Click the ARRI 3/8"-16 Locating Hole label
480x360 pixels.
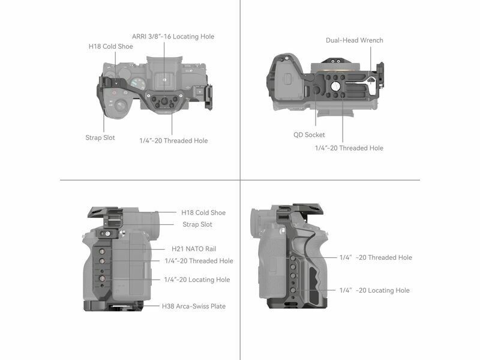173,37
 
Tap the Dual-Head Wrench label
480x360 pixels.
354,40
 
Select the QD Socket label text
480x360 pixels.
309,134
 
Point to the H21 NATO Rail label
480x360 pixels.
194,249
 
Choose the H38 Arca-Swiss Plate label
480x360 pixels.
194,306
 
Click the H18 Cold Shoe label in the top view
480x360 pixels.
110,47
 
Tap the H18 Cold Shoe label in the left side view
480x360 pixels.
203,213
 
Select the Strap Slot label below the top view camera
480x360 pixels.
100,138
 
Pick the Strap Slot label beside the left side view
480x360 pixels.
197,224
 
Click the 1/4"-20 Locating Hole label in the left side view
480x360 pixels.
197,280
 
